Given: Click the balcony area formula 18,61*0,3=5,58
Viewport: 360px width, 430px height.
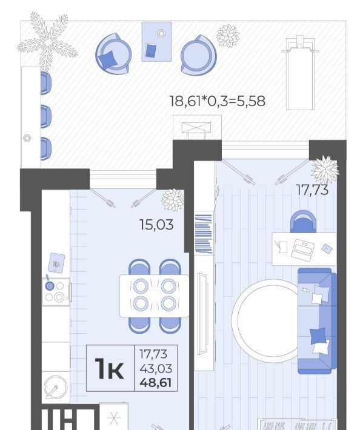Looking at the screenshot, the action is point(218,101).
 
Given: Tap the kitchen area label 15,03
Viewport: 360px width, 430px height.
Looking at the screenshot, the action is point(156,225).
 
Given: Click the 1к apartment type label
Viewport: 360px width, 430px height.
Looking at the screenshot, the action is point(109,369).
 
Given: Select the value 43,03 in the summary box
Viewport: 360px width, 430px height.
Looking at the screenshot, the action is point(156,369).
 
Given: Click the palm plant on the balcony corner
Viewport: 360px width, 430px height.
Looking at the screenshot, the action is point(47,42).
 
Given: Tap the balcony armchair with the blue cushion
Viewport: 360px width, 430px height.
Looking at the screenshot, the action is point(113,54).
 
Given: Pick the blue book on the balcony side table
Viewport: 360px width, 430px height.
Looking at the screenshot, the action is point(151,50).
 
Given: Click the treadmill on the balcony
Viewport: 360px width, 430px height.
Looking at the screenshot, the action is point(300,73).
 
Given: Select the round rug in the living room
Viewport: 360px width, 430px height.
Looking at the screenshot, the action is point(265,319).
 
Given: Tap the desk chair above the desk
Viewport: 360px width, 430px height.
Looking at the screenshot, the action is point(303,221).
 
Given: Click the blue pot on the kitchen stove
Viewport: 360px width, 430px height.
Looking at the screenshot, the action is point(49,285).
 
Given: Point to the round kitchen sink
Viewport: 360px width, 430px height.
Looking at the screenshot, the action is point(56,387).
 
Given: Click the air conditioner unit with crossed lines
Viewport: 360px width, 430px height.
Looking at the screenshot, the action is point(197,128).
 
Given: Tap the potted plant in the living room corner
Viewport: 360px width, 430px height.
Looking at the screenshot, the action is point(325,169).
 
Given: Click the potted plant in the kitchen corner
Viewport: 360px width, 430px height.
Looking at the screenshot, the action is point(173,200).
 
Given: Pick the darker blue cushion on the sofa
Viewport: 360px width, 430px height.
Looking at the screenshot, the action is point(318,336).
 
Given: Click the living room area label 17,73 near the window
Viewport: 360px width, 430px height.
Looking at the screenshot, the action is point(312,190).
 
